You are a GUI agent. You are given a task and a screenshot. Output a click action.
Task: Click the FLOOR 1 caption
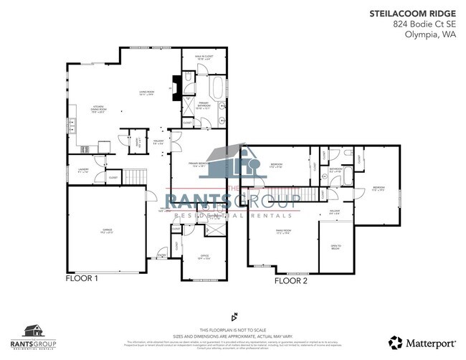pyautogui.click(x=81, y=277)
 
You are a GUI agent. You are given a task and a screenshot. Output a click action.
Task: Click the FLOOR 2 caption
pyautogui.click(x=291, y=282)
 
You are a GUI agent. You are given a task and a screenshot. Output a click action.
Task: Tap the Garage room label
pyautogui.click(x=107, y=231)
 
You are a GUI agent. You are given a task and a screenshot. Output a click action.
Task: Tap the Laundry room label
pyautogui.click(x=82, y=171)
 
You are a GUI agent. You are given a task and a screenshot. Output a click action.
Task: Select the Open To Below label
pyautogui.click(x=335, y=246)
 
